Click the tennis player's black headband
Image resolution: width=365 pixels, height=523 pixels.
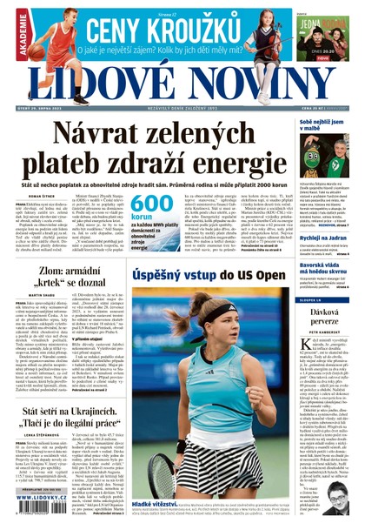point(218,313)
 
